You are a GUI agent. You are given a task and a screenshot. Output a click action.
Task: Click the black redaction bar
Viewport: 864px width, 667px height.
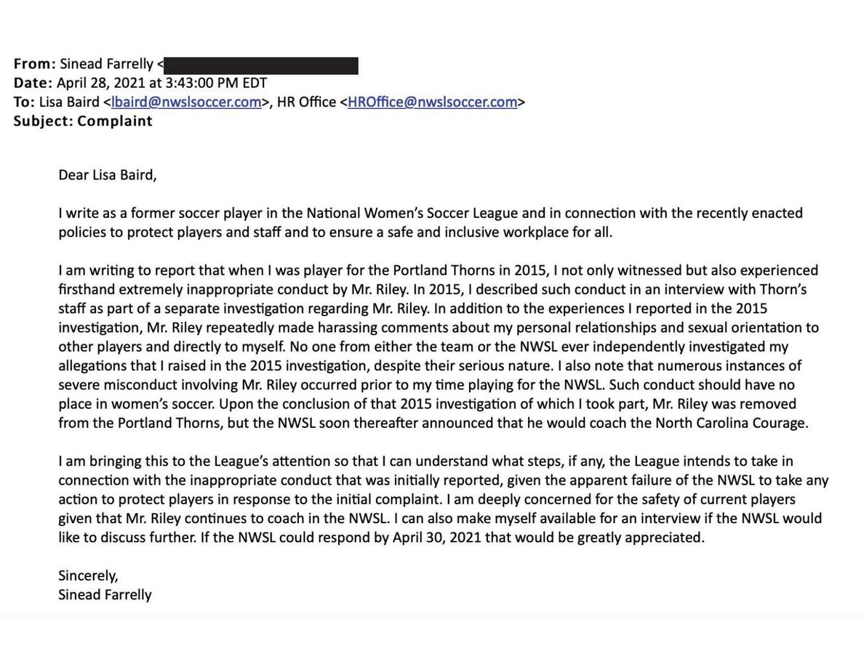[x=260, y=65]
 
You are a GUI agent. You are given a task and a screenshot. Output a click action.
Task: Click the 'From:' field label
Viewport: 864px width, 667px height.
[x=34, y=64]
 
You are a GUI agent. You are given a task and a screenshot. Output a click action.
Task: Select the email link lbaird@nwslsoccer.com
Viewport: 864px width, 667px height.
[x=186, y=102]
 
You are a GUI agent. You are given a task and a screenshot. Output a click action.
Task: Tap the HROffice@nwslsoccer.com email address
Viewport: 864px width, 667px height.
[x=432, y=102]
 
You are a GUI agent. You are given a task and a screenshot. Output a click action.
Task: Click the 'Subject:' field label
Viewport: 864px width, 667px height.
[x=42, y=121]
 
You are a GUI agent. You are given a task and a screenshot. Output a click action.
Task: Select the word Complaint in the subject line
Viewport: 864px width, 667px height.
[x=115, y=121]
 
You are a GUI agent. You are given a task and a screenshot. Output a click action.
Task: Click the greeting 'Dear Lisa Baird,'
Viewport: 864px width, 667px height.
[x=108, y=175]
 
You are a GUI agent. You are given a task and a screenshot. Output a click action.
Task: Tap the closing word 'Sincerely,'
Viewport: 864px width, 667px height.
[x=88, y=575]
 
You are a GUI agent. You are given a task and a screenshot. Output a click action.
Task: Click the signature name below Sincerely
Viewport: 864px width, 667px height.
[x=105, y=594]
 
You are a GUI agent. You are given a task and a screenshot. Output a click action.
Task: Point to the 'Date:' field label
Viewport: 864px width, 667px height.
[x=33, y=83]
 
